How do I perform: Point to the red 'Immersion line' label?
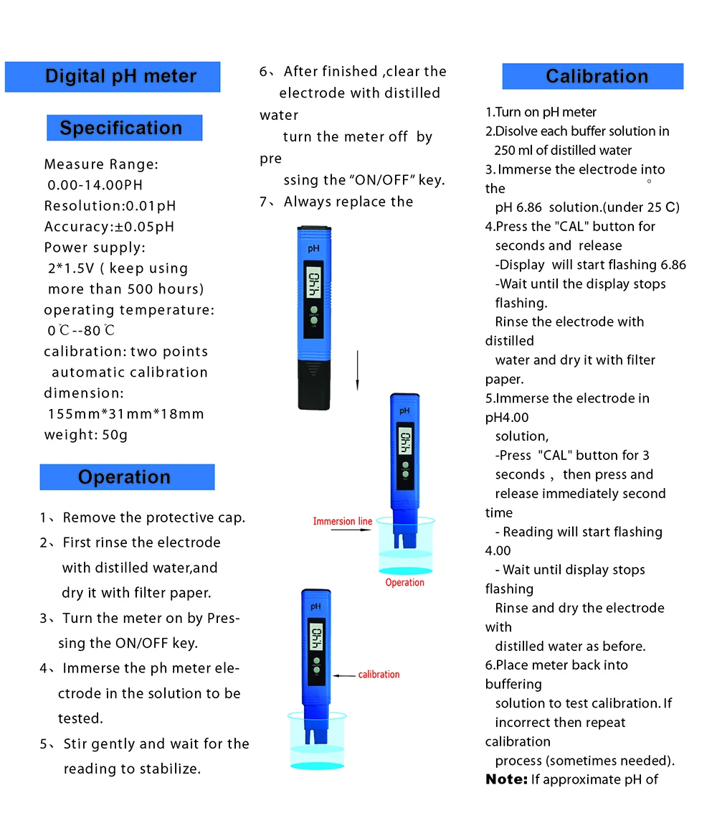(x=343, y=521)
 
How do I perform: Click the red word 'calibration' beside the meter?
(x=379, y=675)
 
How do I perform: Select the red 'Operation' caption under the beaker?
(x=405, y=583)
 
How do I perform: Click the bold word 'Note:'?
(x=506, y=779)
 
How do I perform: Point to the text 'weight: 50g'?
(x=86, y=435)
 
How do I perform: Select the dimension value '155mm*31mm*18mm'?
(x=126, y=414)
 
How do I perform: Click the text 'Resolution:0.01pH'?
(x=110, y=206)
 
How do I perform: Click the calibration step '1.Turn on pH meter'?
(x=541, y=112)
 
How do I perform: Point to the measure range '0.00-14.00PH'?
(x=95, y=185)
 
